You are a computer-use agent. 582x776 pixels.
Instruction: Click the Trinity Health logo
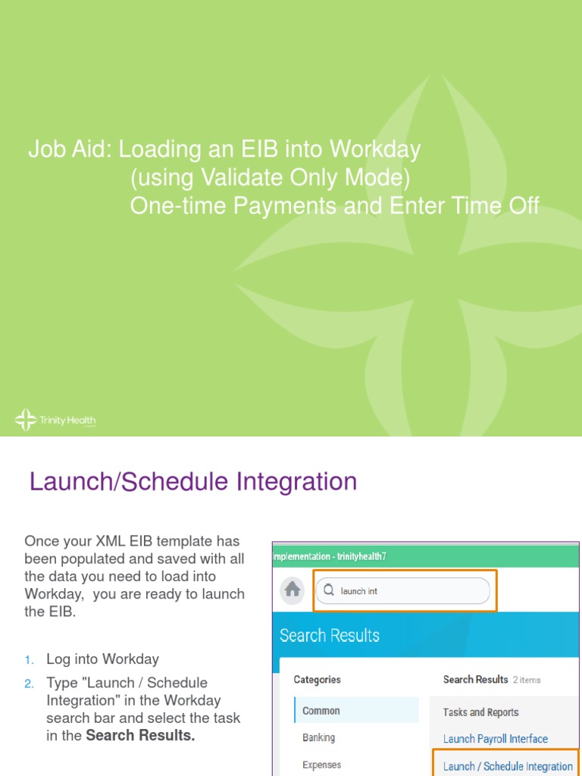[55, 420]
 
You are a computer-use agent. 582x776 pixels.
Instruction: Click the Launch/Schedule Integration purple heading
[192, 482]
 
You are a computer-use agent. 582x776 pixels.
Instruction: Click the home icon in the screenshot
[293, 590]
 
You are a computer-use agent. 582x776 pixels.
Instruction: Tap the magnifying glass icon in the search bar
[329, 590]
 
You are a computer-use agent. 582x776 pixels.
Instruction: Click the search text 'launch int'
[359, 591]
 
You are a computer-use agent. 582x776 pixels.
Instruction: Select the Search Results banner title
[330, 635]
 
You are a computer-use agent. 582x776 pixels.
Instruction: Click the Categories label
[317, 680]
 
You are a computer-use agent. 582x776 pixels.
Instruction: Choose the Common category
[321, 711]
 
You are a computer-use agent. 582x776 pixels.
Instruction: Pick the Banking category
[318, 737]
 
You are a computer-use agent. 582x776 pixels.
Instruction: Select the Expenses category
[321, 765]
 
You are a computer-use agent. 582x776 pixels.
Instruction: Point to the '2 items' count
[527, 681]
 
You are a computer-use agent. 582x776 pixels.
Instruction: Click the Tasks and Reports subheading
[480, 712]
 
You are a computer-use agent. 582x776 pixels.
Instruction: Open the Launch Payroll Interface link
[495, 739]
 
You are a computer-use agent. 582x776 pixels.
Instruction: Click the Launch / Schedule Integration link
[508, 766]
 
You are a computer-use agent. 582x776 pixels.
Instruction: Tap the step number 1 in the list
[29, 659]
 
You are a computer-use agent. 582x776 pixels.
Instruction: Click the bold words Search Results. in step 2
[140, 736]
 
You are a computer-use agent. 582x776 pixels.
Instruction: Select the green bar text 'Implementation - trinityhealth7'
[330, 556]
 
